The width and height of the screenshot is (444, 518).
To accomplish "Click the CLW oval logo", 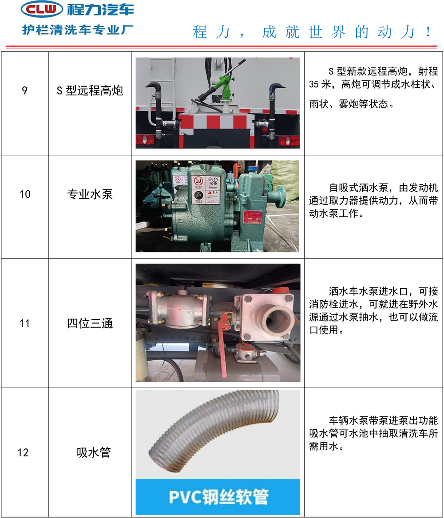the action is click(42, 9).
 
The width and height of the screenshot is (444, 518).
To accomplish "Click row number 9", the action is click(24, 90).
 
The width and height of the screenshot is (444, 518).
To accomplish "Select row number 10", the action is click(25, 194).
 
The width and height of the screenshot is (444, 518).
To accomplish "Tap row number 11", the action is click(24, 323).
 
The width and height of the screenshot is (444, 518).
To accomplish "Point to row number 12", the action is click(23, 452).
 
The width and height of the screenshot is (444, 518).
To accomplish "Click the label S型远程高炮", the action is click(90, 90).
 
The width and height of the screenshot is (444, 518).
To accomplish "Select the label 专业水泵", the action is click(90, 194).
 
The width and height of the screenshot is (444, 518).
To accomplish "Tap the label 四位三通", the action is click(90, 323).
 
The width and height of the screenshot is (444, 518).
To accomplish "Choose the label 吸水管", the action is click(94, 452).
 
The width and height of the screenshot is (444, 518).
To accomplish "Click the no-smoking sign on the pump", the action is click(198, 181).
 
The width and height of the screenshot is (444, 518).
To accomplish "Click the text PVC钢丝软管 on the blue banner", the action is click(218, 497).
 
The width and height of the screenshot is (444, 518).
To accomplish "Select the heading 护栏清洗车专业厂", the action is click(78, 30).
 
